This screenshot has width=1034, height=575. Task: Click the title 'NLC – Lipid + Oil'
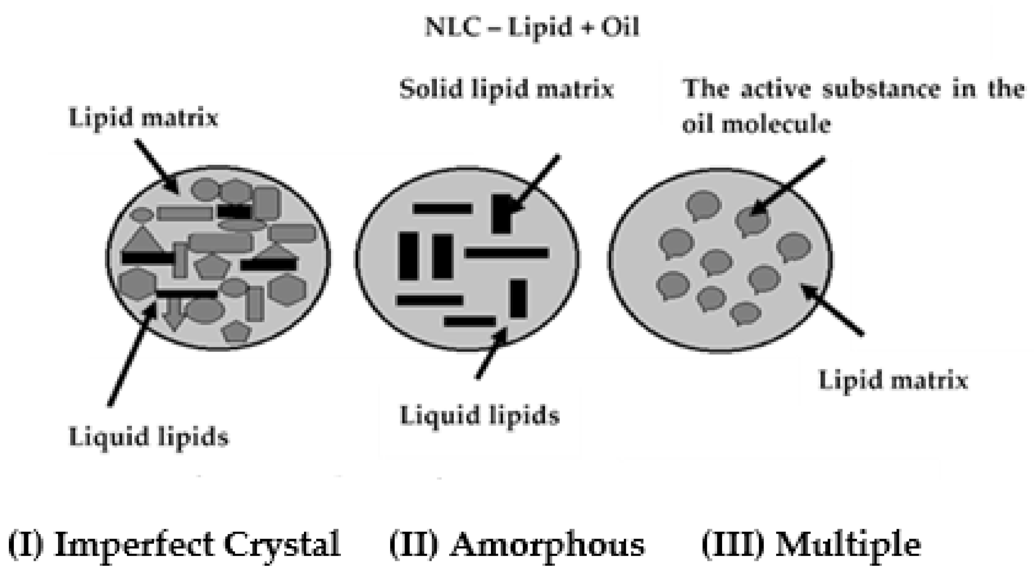tap(532, 27)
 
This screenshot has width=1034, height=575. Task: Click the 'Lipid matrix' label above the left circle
tap(143, 118)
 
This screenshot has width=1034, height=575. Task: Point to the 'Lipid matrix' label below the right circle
tap(893, 381)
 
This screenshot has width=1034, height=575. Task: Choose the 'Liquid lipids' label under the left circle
tap(149, 437)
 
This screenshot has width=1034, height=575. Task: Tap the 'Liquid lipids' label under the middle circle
tap(480, 416)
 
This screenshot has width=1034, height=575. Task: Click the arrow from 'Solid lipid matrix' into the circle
tap(534, 184)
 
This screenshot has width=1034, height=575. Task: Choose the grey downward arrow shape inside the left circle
tap(173, 313)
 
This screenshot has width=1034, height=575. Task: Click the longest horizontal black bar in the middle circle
tap(507, 253)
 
